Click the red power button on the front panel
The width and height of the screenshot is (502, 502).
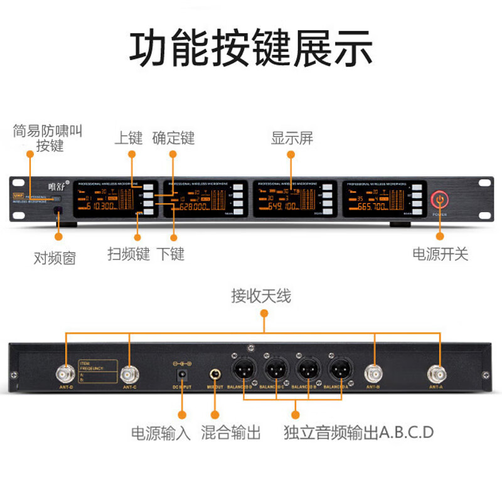pos(440,200)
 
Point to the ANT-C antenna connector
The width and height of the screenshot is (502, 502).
pos(129,375)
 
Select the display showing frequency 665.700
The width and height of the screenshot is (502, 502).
pos(373,200)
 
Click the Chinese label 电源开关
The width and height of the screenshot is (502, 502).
pos(440,254)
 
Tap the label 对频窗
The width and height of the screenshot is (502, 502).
pos(55,257)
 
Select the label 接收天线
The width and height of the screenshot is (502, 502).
pos(261,296)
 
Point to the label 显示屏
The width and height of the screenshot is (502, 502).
pos(292,138)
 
